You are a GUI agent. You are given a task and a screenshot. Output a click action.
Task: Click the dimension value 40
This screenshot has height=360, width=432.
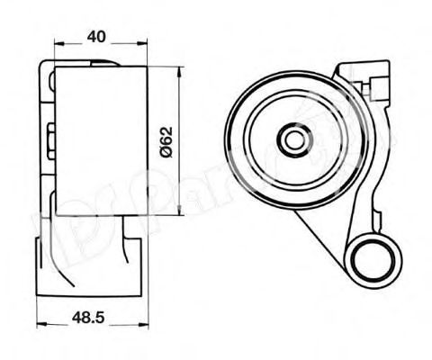(98, 36)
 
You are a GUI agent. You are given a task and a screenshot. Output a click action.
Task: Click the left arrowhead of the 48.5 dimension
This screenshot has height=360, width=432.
(40, 327)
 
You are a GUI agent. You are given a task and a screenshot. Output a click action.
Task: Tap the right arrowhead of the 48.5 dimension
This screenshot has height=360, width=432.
(143, 327)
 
